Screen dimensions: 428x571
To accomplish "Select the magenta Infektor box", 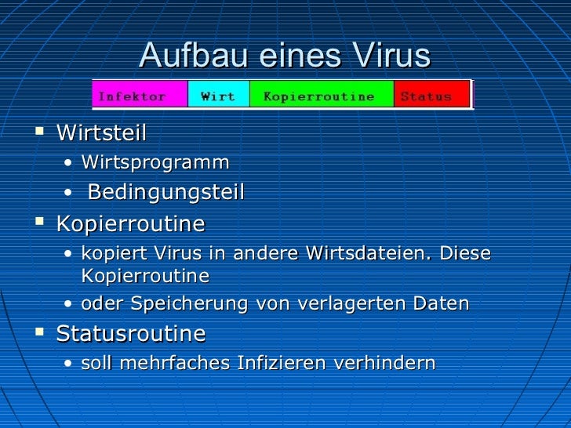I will coord(141,96).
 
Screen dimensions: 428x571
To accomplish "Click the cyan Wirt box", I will coord(218,96).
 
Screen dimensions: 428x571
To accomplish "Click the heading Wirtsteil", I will coord(101,133).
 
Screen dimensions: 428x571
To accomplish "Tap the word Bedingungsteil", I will coord(166,192).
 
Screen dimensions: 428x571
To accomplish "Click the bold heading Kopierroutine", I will coord(130,224).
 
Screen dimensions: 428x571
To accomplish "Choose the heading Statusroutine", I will coord(130,334).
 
